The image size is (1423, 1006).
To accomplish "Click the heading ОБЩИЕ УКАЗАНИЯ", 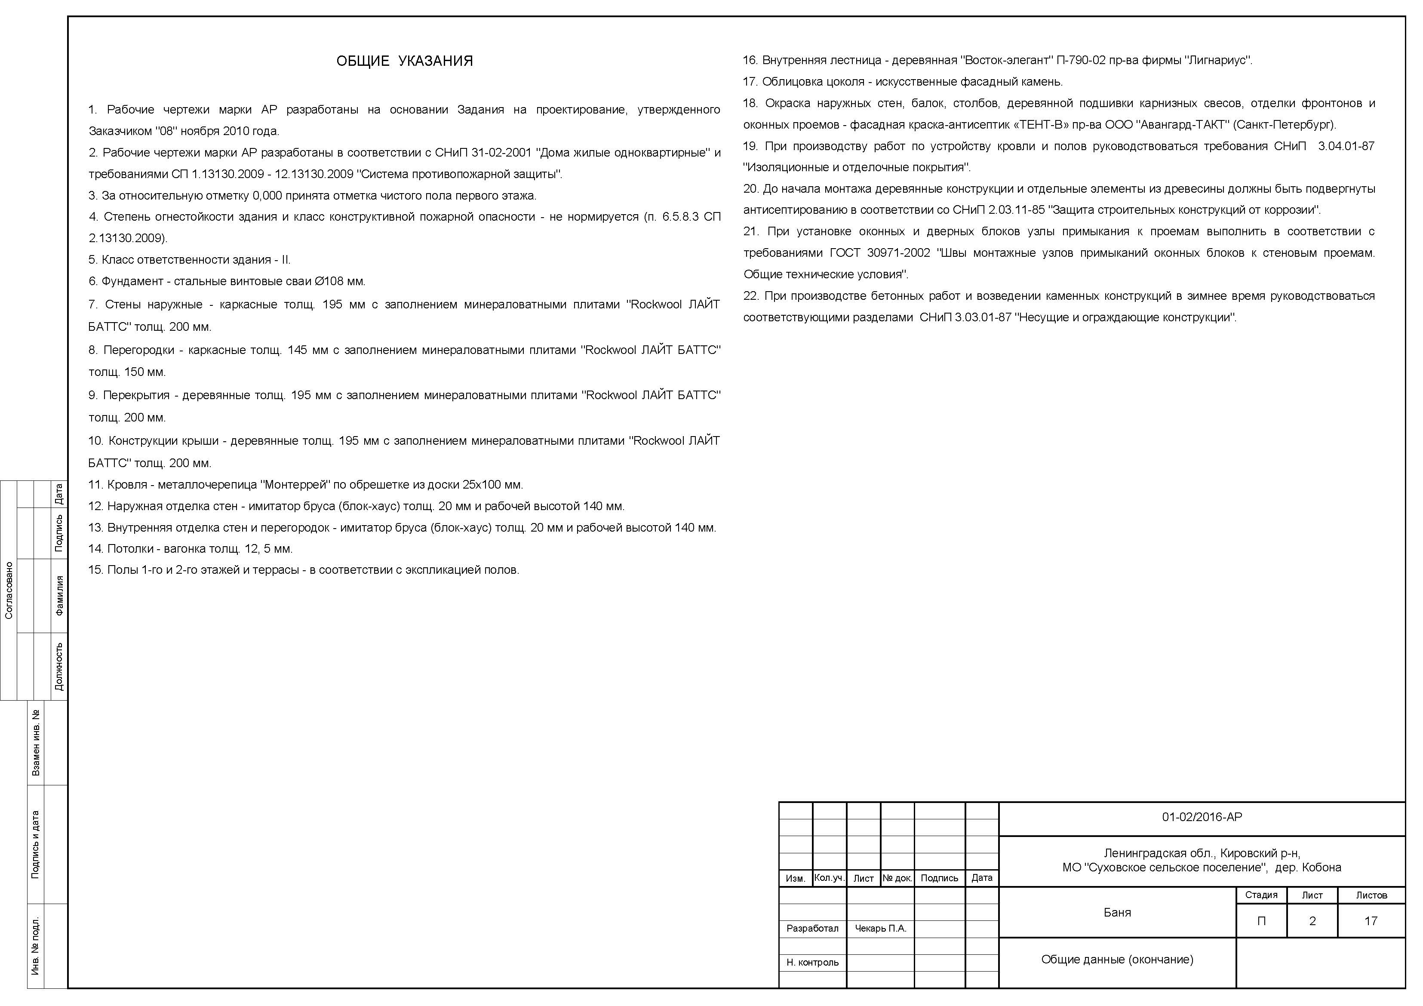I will point(404,61).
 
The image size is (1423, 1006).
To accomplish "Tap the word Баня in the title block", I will point(1117,912).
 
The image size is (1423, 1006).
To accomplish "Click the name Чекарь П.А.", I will point(880,929).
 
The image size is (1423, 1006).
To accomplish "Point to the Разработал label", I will point(812,929).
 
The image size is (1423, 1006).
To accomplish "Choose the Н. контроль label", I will point(812,963).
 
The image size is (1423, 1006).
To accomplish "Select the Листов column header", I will point(1371,895).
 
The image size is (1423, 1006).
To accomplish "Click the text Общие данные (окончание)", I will point(1117,960).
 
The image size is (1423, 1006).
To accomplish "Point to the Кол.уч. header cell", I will point(829,878).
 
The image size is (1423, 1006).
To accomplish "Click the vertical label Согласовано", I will point(9,590).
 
